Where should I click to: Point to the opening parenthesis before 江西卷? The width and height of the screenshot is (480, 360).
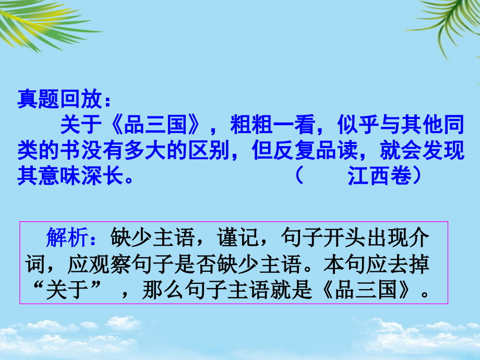(x=298, y=176)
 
